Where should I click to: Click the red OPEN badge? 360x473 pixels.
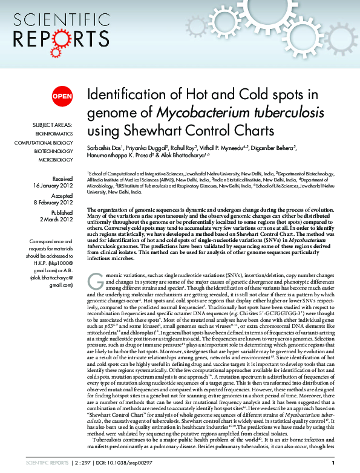click(62, 96)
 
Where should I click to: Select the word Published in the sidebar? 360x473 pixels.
click(62, 213)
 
